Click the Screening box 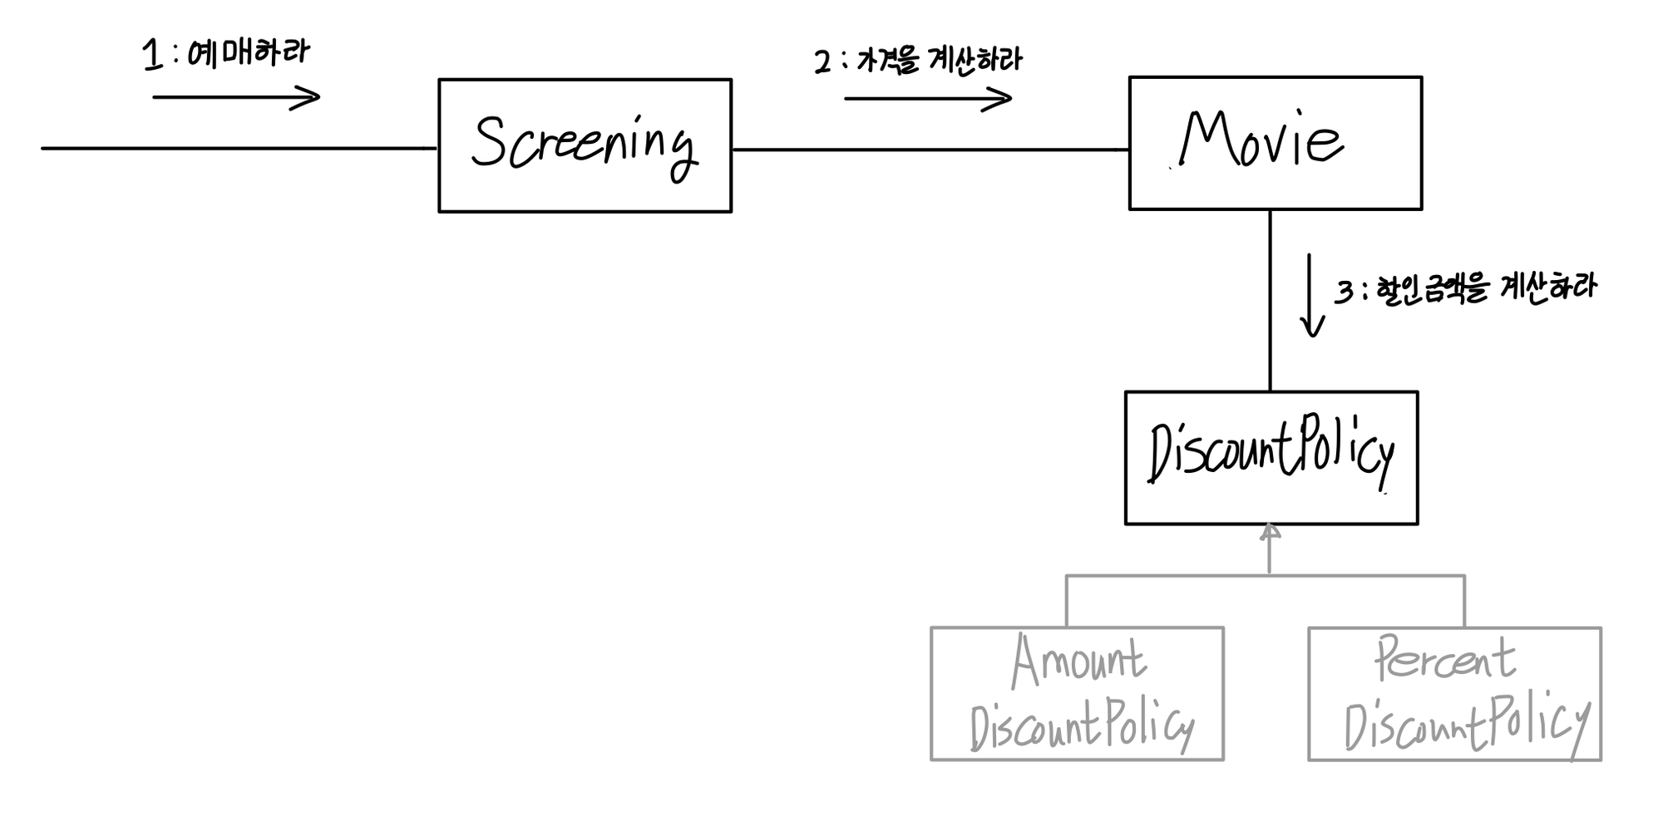(585, 145)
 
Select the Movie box (1275, 143)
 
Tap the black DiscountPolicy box (1271, 457)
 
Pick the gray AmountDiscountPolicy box (1077, 693)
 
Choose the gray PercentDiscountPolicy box (1454, 693)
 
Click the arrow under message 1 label (236, 97)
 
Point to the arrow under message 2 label (928, 99)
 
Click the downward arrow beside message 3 (1311, 296)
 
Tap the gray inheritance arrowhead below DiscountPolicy (1269, 533)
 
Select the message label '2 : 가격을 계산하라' (918, 61)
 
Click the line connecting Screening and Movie (930, 150)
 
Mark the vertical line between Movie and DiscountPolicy (1270, 300)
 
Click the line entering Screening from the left (239, 149)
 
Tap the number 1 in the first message (152, 56)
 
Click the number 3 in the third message (1344, 292)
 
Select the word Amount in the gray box (1078, 662)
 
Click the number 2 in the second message (822, 62)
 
